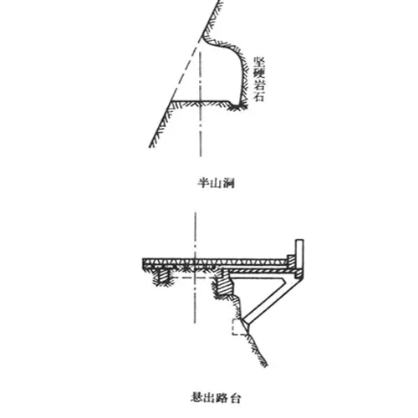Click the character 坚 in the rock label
[259, 63]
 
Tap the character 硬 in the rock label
[259, 74]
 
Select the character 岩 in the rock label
[259, 84]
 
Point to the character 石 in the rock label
[259, 96]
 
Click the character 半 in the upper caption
[204, 183]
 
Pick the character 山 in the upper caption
[216, 183]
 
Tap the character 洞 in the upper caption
[228, 183]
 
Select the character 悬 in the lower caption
[197, 397]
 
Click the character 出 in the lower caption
[210, 397]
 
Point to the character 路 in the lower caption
[222, 397]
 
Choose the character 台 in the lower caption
[235, 398]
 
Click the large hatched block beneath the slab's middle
[225, 287]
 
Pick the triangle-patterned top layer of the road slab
[215, 262]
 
